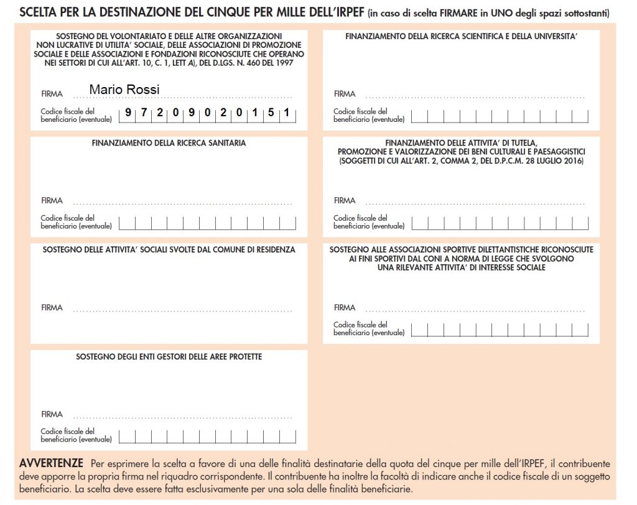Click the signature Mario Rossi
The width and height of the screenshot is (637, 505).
(x=124, y=90)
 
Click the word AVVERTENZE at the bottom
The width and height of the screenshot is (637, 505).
(x=52, y=464)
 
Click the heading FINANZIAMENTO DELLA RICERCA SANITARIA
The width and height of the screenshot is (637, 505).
(x=169, y=143)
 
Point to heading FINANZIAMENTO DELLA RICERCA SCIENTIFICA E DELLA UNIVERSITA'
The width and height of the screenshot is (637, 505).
(x=462, y=37)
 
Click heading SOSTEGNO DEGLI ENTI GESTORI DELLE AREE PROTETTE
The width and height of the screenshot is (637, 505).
(x=169, y=357)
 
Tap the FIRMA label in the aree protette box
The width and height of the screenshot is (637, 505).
(x=52, y=414)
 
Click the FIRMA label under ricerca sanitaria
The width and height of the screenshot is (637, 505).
(x=52, y=201)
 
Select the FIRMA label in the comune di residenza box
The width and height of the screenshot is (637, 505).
(x=52, y=308)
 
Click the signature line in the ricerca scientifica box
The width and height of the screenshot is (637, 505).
(x=475, y=98)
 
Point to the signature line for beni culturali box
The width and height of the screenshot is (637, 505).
(x=475, y=204)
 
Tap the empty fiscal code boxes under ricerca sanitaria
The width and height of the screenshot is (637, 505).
(x=207, y=222)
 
